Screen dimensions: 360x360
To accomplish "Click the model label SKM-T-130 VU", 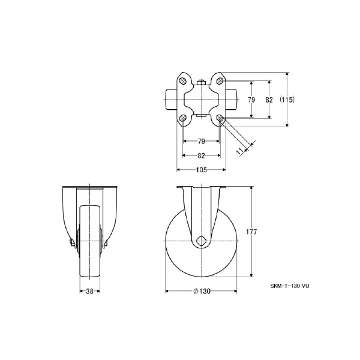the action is [x=290, y=286].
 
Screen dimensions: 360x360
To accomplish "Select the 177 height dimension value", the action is [x=251, y=232].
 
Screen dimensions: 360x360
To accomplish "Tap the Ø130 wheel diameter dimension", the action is [x=202, y=291].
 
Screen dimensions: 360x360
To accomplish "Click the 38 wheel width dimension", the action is [x=90, y=291].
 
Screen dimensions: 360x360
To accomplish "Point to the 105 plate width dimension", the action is [x=202, y=170].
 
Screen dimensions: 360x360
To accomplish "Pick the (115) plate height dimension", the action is [x=287, y=100].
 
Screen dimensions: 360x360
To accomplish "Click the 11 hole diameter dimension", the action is [x=239, y=151].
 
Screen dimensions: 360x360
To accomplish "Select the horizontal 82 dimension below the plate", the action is [x=201, y=155].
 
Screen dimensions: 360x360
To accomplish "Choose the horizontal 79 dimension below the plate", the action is [x=201, y=142].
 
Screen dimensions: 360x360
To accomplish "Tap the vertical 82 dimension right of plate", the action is [x=269, y=100].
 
